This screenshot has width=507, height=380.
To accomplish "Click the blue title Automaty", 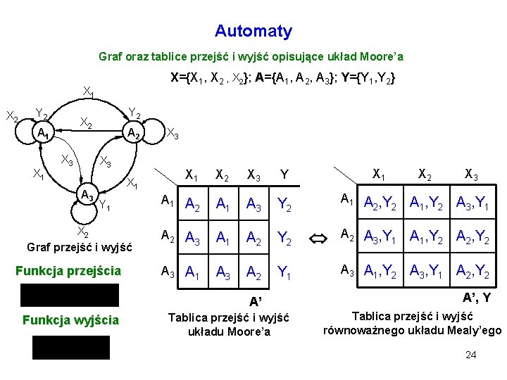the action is coord(254,32).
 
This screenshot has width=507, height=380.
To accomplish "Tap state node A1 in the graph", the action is coord(43,132).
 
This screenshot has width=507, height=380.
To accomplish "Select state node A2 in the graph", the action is coord(133,132).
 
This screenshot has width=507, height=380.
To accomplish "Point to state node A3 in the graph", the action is coord(87,194).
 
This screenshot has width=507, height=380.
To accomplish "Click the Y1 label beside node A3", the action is coord(104,205).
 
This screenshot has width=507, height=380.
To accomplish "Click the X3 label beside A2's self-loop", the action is coord(173,133).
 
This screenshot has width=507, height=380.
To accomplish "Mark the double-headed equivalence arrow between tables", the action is coord(318,239).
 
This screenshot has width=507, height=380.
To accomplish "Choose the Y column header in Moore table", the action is coord(284,175).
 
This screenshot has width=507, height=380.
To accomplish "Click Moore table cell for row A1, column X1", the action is coord(193,203).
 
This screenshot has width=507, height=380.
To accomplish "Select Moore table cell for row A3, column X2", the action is coord(223,271).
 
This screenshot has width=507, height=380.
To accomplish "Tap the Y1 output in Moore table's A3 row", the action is coord(284,272).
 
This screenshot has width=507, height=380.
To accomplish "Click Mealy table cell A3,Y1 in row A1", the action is coord(472,202).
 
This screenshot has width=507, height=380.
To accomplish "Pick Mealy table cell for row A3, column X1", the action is coord(380,270).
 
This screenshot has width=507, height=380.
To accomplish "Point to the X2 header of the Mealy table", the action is coord(425,175).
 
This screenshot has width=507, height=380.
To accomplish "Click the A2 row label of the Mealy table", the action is coord(347,234).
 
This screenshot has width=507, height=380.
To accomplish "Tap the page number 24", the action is coord(471,355).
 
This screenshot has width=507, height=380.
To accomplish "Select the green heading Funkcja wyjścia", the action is coord(71,320).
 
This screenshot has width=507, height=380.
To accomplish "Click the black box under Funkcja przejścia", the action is coord(70,295).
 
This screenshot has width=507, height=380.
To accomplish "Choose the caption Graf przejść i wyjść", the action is coord(80,248).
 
